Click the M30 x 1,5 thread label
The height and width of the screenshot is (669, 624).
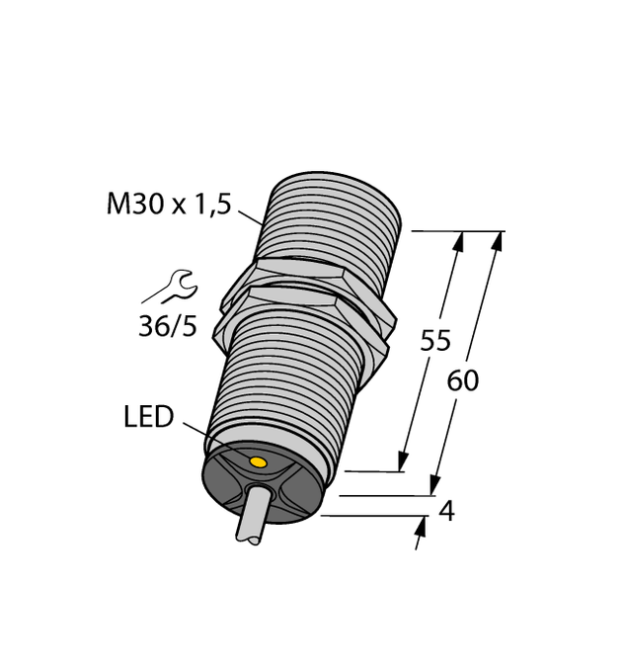168,205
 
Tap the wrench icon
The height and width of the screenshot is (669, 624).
178,287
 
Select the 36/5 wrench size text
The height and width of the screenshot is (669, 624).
167,326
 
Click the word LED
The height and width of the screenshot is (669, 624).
148,418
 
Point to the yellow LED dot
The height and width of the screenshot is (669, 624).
258,462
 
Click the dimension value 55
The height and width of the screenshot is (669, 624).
435,341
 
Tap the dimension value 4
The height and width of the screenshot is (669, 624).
446,512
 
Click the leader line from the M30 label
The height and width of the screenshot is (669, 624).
250,214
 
